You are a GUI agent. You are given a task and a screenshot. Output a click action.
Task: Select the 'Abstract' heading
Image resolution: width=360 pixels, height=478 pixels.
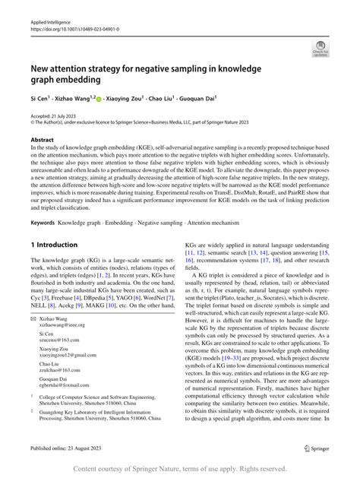pos(42,141)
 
